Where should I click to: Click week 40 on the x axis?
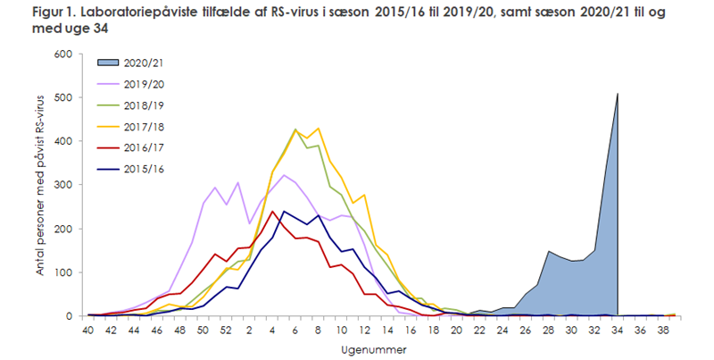coord(89,330)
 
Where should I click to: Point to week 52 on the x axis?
coord(226,330)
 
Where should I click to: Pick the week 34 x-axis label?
coord(617,330)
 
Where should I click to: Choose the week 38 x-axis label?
coord(662,330)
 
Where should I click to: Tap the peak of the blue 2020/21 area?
coord(617,94)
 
